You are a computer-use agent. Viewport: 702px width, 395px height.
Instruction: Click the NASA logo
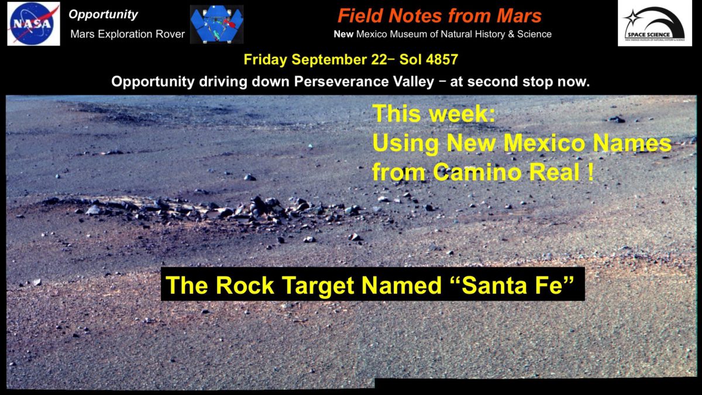[x=33, y=23]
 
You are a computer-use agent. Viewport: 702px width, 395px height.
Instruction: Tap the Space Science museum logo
[x=655, y=23]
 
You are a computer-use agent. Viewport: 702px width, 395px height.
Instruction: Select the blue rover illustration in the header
[x=216, y=25]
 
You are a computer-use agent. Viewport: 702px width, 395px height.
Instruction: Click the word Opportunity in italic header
[x=104, y=15]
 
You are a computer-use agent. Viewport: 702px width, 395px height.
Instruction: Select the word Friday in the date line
[x=266, y=60]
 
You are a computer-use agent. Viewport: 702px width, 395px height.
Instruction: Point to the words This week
[x=433, y=114]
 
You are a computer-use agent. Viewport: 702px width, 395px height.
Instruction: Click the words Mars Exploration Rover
[x=128, y=34]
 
